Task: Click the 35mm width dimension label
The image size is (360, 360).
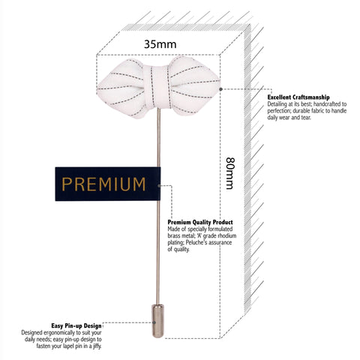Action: click(x=160, y=44)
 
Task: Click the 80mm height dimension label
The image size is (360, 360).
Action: click(x=230, y=173)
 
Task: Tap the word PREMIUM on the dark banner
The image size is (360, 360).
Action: click(x=103, y=184)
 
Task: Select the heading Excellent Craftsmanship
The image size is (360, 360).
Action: click(x=298, y=97)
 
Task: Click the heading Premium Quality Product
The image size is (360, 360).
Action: click(x=200, y=222)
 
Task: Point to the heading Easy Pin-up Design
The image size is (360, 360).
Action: click(x=76, y=325)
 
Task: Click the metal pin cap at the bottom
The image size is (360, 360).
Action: click(x=158, y=321)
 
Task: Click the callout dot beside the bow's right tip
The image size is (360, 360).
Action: click(x=220, y=89)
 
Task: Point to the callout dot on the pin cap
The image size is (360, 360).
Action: click(x=154, y=322)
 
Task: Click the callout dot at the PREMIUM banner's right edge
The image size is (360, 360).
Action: click(x=159, y=185)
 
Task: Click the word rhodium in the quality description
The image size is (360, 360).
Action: click(x=227, y=235)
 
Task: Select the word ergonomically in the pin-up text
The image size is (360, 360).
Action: click(x=59, y=333)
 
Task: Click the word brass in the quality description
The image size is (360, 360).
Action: click(x=174, y=235)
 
